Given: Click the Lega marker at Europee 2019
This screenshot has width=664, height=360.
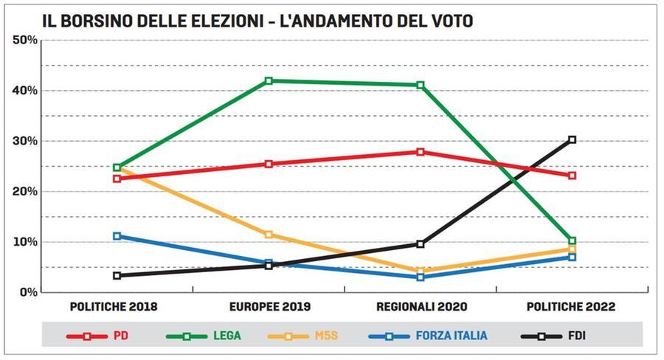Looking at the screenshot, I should (269, 81).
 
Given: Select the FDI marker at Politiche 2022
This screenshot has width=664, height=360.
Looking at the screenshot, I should (572, 139).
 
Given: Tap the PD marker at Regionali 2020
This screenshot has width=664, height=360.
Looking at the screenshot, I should (421, 152).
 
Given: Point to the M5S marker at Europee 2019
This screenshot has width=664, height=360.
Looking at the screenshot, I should (269, 235).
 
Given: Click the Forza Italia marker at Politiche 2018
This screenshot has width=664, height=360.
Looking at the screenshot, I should (117, 236).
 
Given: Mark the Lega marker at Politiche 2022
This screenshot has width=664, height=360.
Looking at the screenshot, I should (572, 240).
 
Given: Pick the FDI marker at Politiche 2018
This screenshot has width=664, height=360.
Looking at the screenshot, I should (117, 275).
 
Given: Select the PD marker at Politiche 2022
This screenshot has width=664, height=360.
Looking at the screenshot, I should (572, 176).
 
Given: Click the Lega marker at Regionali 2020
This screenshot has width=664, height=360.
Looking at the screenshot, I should (421, 85).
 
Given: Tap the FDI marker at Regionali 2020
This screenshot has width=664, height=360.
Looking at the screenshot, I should (421, 244).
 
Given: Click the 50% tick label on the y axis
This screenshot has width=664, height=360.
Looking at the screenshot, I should (24, 40).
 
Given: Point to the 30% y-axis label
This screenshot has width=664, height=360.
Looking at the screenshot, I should (24, 141).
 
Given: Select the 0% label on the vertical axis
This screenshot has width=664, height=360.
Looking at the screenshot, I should (27, 292).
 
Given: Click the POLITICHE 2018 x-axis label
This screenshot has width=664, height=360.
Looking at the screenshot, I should (114, 306).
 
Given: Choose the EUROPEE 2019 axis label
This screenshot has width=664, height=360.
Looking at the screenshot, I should (269, 306).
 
